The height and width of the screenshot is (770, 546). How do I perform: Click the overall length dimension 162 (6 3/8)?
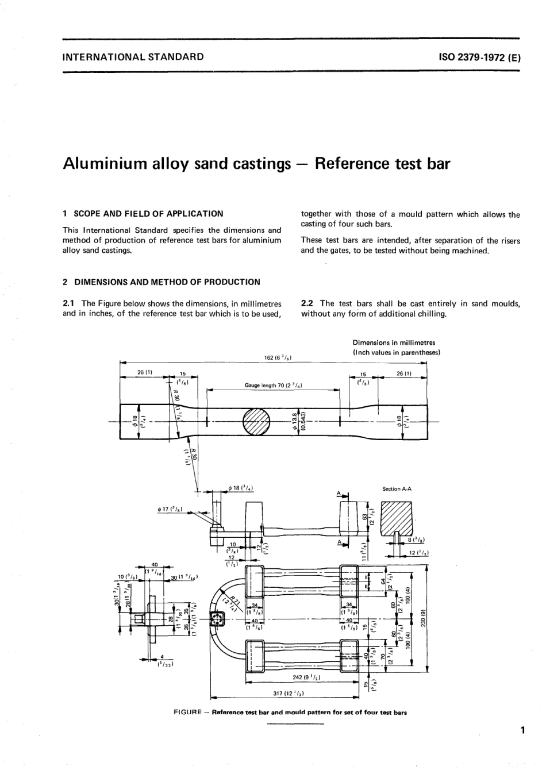pos(278,357)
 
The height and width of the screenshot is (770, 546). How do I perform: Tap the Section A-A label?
pos(397,489)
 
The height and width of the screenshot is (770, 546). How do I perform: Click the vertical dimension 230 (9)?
pos(423,619)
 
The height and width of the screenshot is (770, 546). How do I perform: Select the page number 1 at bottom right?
pos(522,731)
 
